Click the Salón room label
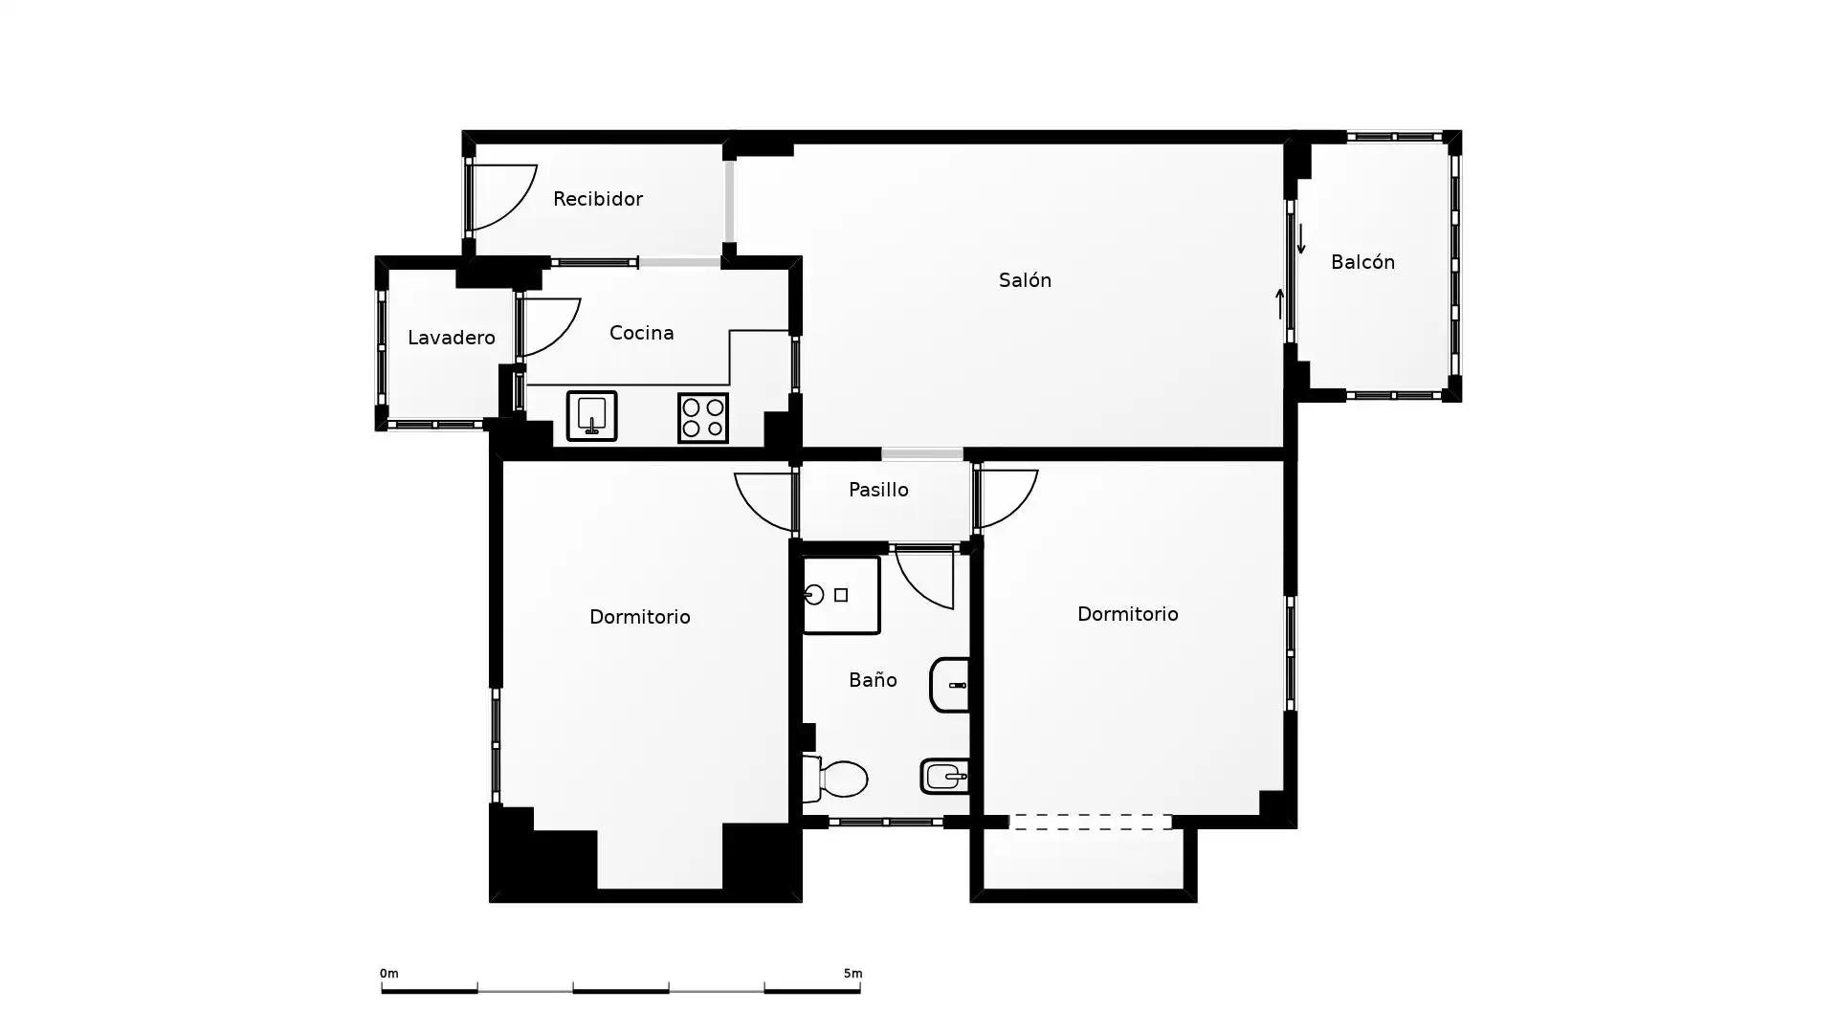pos(1025,280)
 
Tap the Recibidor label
pos(598,199)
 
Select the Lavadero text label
pos(452,338)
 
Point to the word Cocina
pos(642,333)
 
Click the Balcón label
pos(1362,262)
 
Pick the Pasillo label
pos(878,490)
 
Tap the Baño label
pos(873,680)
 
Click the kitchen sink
pos(591,416)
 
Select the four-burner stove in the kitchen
pos(703,418)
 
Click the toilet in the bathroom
pos(835,779)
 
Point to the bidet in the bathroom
pos(945,777)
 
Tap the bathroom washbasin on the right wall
pos(950,685)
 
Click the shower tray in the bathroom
pos(841,595)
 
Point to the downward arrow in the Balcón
pos(1301,239)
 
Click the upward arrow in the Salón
pos(1280,303)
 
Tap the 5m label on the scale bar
pos(852,974)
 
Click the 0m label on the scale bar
pos(388,974)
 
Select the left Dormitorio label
pos(640,617)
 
